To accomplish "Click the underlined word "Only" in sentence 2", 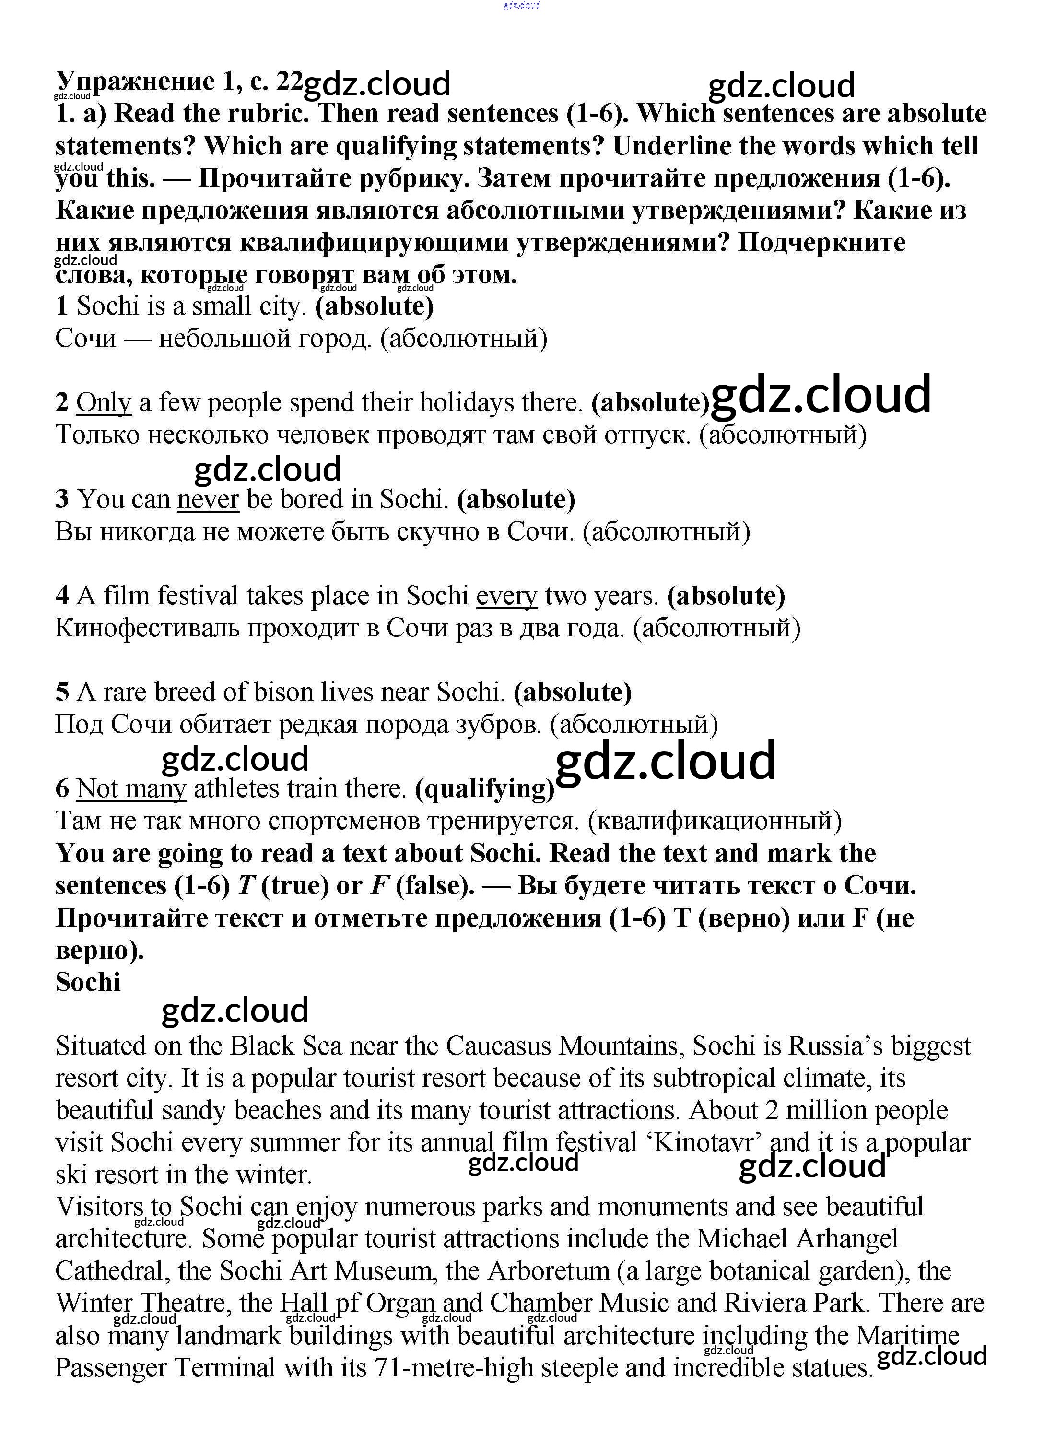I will click(103, 403).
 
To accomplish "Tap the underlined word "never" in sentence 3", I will click(208, 499).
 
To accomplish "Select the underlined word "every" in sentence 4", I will click(506, 596).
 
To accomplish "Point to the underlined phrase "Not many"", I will click(131, 788).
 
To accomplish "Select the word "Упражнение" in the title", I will click(136, 81).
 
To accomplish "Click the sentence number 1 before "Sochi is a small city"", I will click(62, 306).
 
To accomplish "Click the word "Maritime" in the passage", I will click(908, 1336).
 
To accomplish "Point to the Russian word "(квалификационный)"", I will click(714, 821).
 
